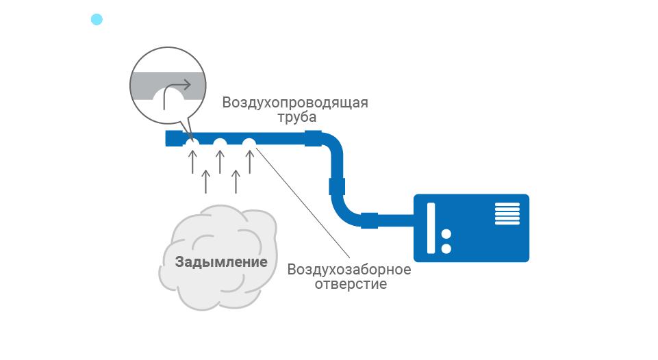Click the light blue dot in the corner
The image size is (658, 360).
(x=97, y=19)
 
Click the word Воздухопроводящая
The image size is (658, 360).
(x=295, y=103)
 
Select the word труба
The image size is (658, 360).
(x=296, y=118)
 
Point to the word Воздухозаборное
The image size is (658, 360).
(x=349, y=268)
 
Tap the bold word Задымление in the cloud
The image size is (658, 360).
(x=220, y=261)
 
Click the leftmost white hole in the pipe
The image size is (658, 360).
(x=192, y=144)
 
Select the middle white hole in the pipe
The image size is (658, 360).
(x=220, y=144)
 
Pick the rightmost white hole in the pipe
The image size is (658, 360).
(x=249, y=144)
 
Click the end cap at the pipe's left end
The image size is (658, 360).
(x=172, y=138)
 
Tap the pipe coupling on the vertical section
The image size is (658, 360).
(x=337, y=186)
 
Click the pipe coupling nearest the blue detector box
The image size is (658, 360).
(x=369, y=220)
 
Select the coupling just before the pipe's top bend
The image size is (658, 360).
(x=313, y=138)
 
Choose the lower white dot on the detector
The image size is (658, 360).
(x=446, y=249)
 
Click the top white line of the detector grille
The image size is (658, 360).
(x=508, y=204)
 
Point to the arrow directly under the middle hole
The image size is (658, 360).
(x=220, y=162)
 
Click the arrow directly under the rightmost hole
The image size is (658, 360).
(x=250, y=162)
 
